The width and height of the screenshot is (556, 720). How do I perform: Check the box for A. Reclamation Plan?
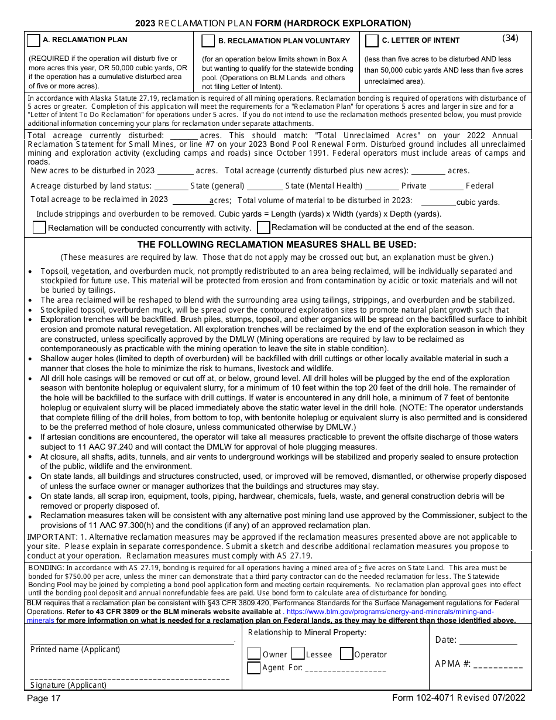(x=33, y=40)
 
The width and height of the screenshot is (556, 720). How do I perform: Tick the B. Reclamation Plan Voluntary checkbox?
(x=208, y=41)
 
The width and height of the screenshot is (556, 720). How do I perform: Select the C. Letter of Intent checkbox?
(x=372, y=41)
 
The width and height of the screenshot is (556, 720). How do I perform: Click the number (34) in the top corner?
(x=510, y=39)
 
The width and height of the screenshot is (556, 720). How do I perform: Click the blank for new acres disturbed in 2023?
(x=175, y=172)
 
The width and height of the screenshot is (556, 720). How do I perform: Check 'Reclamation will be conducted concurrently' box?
(x=39, y=228)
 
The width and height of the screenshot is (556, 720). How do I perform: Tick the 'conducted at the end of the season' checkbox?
(x=263, y=227)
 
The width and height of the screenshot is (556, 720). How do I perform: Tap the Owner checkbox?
(x=254, y=654)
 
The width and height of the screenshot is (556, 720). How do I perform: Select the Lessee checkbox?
(x=297, y=654)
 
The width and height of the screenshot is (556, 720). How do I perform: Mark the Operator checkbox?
(x=346, y=654)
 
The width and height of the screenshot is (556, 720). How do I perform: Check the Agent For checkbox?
(x=254, y=667)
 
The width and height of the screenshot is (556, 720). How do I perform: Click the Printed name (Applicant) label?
(x=75, y=650)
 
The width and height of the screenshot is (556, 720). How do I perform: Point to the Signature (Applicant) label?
(x=68, y=685)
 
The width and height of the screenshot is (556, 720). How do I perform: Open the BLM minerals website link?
(x=386, y=612)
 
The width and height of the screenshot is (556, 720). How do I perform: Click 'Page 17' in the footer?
(x=44, y=698)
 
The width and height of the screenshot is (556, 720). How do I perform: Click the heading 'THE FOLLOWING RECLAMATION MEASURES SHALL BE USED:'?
(x=277, y=245)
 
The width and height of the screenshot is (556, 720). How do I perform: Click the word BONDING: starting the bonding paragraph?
(x=46, y=568)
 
